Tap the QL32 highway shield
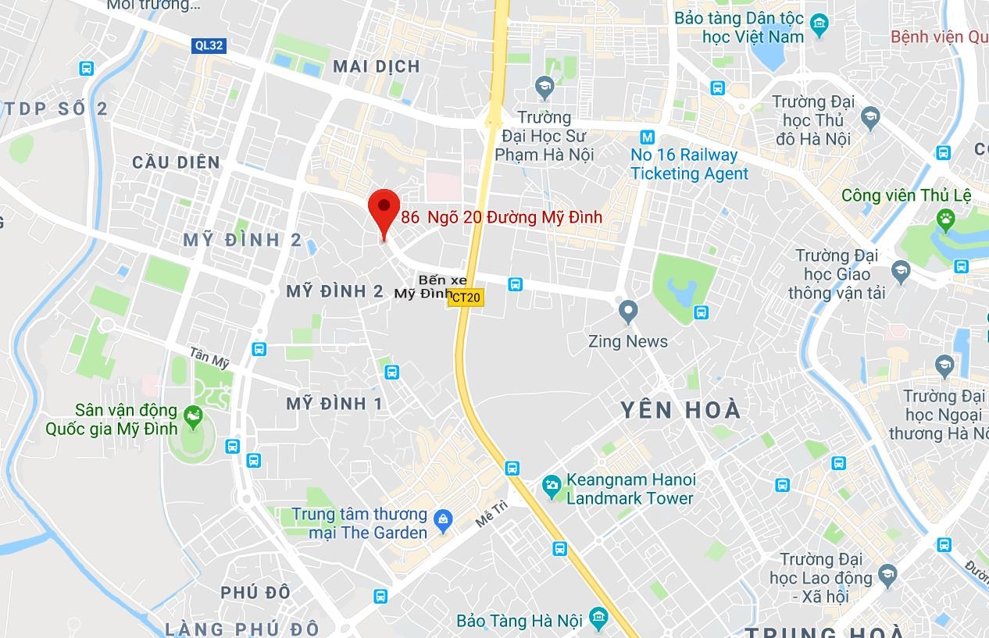209,45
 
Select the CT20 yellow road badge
466,298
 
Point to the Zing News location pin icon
628,312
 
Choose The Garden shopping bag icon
444,520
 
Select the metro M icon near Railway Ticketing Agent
646,136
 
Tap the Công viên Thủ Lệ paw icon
946,220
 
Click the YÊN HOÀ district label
680,410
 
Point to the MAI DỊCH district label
377,66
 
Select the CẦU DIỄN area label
176,162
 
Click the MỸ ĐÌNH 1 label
334,404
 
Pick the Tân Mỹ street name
209,358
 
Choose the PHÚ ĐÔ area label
255,592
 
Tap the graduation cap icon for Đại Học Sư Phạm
544,86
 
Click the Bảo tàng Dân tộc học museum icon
819,25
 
